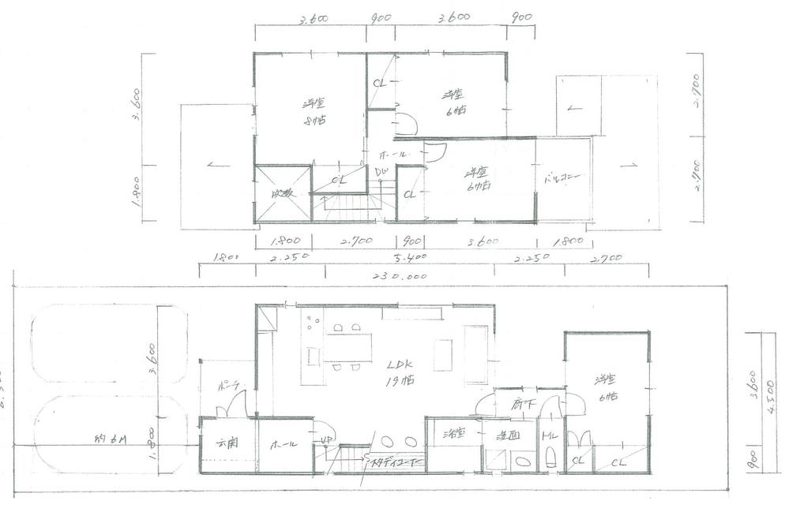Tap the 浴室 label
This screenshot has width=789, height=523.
453,433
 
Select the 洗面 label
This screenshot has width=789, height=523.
507,435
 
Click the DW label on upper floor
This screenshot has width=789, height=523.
380,171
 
